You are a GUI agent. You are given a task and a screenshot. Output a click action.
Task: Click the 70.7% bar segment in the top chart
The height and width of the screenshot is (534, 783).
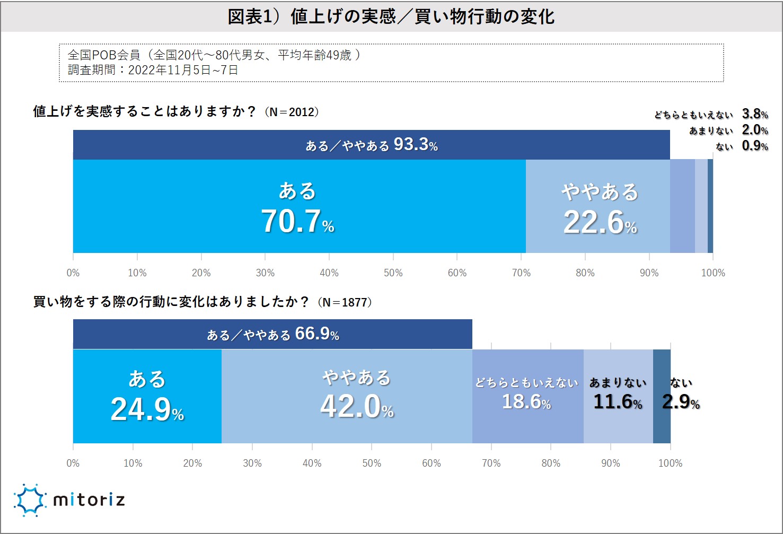pyautogui.click(x=299, y=206)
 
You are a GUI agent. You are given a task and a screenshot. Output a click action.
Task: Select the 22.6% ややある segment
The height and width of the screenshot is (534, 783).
pyautogui.click(x=598, y=206)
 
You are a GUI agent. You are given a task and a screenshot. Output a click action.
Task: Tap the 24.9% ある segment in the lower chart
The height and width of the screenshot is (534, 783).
pyautogui.click(x=147, y=396)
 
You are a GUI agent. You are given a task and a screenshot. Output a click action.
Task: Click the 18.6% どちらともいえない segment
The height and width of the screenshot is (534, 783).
pyautogui.click(x=527, y=396)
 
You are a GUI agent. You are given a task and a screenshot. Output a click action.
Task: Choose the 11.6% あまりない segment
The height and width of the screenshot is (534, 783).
pyautogui.click(x=618, y=396)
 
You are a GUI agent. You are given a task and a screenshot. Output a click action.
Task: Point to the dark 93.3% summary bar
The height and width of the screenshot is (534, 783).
pyautogui.click(x=371, y=145)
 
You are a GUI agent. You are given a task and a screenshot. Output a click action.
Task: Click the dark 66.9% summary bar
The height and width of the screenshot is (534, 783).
pyautogui.click(x=272, y=334)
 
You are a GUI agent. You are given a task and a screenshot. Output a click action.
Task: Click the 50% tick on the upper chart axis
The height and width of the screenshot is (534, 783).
pyautogui.click(x=393, y=273)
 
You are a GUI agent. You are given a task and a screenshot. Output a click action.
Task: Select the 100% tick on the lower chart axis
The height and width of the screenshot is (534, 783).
pyautogui.click(x=670, y=463)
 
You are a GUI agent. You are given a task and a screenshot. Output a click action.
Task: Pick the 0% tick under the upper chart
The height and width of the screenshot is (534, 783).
pyautogui.click(x=73, y=273)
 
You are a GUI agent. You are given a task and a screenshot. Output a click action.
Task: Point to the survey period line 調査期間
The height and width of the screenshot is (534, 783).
pyautogui.click(x=153, y=70)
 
